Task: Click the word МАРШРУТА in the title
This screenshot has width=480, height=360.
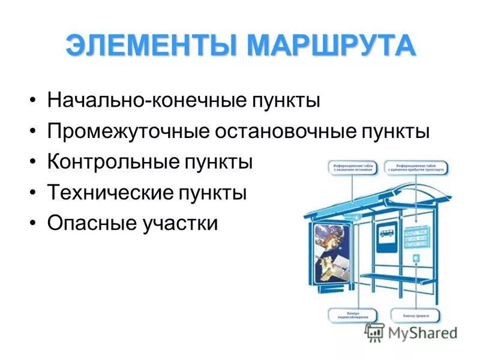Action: click(320, 46)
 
